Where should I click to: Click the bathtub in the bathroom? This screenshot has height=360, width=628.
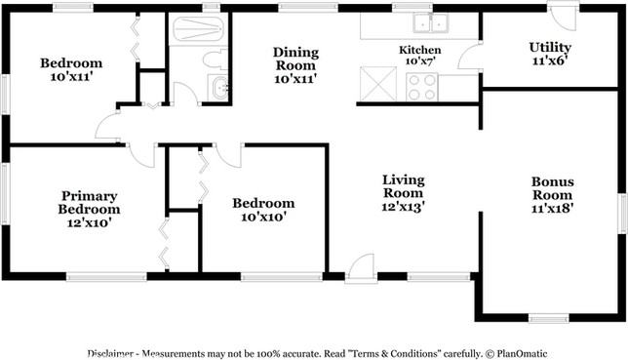tap(198, 29)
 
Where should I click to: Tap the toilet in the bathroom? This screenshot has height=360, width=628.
tap(216, 60)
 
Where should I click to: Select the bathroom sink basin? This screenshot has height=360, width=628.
tap(219, 88)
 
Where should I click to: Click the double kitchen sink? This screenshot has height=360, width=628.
tap(431, 22)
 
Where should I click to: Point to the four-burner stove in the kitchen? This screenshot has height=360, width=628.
tap(421, 87)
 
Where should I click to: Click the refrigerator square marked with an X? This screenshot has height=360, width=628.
tap(378, 83)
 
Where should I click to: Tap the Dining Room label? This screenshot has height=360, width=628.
tap(296, 59)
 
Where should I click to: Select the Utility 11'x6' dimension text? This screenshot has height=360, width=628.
tap(550, 60)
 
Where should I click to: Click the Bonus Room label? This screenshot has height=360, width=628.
tap(552, 188)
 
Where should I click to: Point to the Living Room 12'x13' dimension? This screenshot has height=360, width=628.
tap(403, 206)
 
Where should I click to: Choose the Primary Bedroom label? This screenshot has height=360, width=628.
tap(89, 202)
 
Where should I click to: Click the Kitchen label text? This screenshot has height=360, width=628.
tap(419, 50)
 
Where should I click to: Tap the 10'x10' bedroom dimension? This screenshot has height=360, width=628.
tap(263, 217)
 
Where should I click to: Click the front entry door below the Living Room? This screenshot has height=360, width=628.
tap(361, 268)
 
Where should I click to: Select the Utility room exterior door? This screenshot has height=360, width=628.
tap(563, 16)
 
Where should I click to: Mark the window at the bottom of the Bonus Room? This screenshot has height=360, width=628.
tap(549, 318)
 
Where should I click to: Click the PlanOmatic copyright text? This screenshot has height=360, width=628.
tap(516, 353)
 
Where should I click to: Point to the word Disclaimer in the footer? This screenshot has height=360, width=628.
tap(110, 353)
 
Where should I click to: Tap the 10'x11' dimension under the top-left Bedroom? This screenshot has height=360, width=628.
tap(72, 76)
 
